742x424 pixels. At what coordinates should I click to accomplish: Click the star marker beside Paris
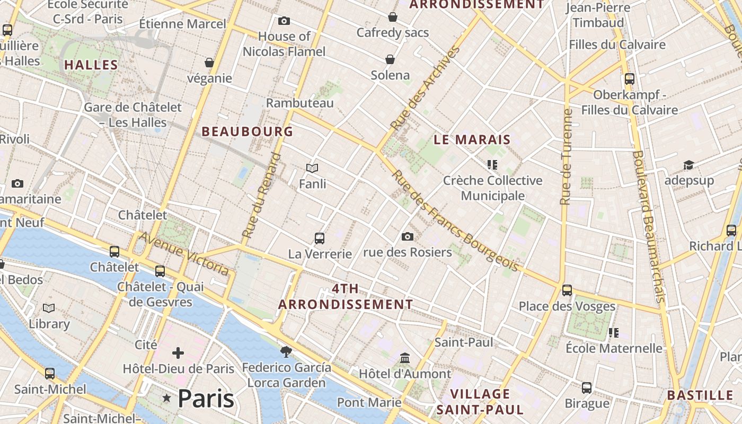click(167, 398)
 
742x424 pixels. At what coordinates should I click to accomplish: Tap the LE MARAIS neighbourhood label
click(472, 140)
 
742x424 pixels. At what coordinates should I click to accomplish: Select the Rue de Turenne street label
click(566, 157)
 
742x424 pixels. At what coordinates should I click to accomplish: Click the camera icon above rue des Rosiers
click(407, 236)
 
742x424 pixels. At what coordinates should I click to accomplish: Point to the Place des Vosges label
click(567, 306)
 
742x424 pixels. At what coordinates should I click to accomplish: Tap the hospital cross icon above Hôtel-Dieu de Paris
click(178, 352)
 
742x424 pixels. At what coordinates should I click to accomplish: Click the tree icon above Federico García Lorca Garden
click(286, 351)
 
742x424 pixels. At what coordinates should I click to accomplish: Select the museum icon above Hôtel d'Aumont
click(405, 358)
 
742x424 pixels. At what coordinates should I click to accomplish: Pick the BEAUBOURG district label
click(247, 131)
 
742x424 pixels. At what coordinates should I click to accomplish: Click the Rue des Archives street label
click(424, 89)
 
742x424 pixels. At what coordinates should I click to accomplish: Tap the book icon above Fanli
click(312, 169)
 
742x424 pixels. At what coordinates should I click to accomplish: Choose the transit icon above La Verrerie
click(320, 238)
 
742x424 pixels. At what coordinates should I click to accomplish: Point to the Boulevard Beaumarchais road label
click(648, 227)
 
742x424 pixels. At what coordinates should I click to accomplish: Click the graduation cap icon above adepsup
click(688, 165)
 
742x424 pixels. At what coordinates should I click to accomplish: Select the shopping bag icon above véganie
click(209, 63)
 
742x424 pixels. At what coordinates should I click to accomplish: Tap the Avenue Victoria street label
click(184, 254)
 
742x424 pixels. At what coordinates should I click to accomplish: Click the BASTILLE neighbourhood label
click(700, 395)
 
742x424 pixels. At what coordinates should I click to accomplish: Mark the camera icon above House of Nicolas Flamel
click(284, 21)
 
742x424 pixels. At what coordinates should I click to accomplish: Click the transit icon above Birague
click(587, 387)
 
